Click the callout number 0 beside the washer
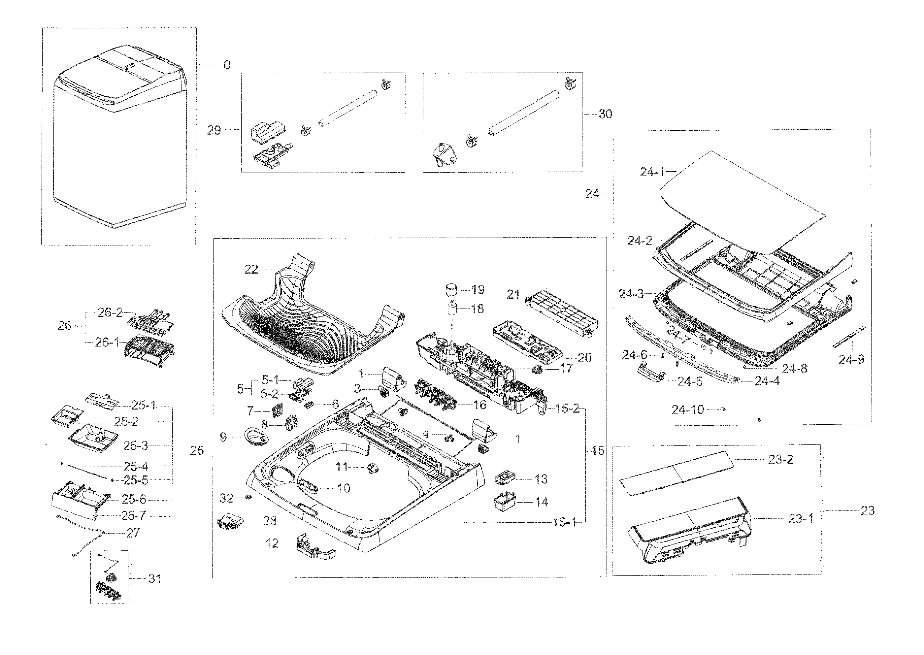click(x=227, y=65)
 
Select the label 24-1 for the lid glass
click(x=652, y=172)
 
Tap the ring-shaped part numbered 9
click(x=256, y=437)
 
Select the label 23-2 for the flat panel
click(x=780, y=460)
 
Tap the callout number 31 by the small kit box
click(x=155, y=578)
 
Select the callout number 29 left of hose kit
click(x=214, y=130)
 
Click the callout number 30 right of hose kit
click(x=605, y=114)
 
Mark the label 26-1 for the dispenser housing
click(x=107, y=343)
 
